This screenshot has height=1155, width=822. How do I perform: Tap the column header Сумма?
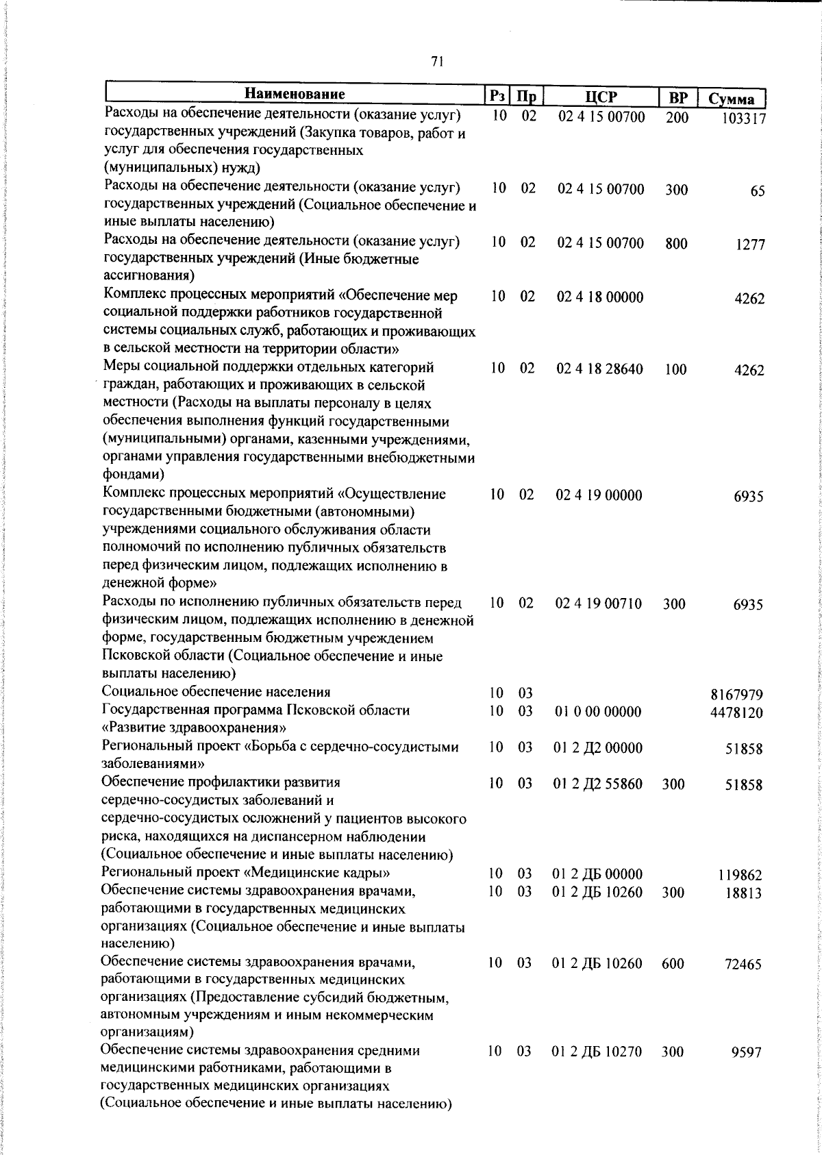[731, 99]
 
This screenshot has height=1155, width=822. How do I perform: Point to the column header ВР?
[677, 97]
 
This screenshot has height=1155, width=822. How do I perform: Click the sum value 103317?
[743, 119]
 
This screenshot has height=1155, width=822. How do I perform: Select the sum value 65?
[756, 191]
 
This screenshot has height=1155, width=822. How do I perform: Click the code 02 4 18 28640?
[600, 369]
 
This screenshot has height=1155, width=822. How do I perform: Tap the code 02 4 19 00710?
[599, 604]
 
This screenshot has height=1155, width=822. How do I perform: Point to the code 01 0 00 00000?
[597, 712]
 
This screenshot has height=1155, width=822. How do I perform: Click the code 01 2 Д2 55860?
[597, 784]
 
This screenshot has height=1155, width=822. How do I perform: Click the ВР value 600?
[673, 964]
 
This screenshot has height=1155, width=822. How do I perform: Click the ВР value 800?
[676, 244]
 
